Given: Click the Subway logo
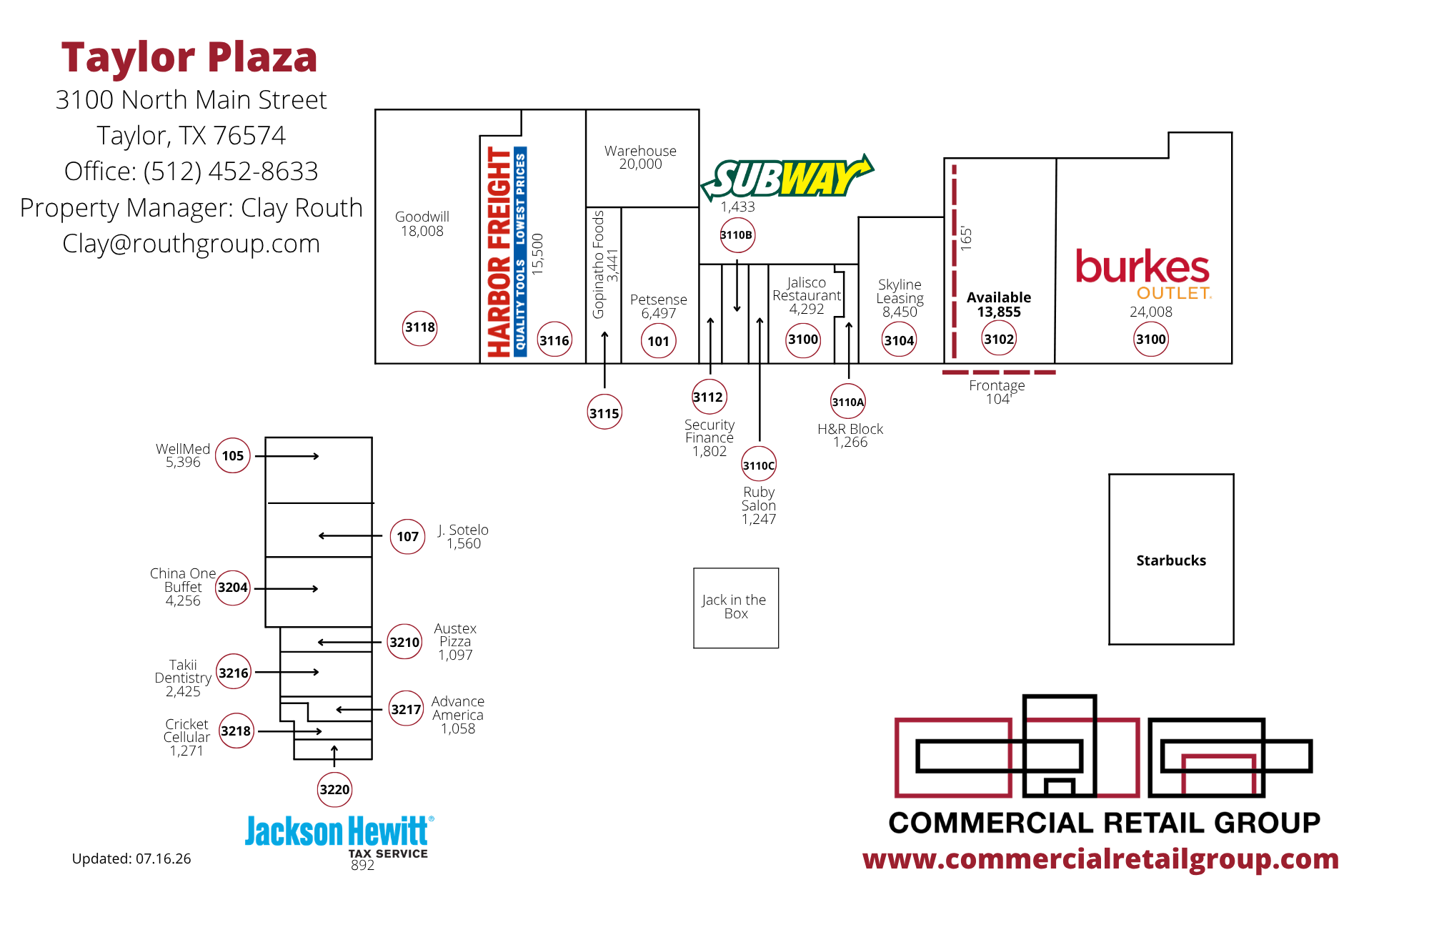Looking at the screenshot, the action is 787,177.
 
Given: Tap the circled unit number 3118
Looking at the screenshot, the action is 420,328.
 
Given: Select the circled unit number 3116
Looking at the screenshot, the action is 554,340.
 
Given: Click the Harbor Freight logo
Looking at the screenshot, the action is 507,252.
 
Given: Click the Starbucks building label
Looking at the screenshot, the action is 1171,560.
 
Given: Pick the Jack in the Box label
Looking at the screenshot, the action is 735,606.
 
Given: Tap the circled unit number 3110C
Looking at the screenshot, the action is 759,465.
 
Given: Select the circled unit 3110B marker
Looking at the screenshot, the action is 737,235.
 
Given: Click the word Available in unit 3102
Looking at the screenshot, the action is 999,297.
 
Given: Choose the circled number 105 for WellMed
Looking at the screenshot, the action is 233,456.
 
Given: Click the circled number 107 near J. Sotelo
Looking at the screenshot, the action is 408,536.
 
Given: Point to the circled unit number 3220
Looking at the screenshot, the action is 335,790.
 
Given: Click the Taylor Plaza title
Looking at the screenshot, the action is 189,57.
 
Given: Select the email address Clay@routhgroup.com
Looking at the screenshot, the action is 191,244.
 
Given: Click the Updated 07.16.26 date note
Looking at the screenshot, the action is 131,859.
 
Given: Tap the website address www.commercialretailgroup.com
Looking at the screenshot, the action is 1101,859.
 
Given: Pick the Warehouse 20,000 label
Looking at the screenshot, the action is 641,157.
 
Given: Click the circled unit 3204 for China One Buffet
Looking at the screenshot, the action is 233,588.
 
